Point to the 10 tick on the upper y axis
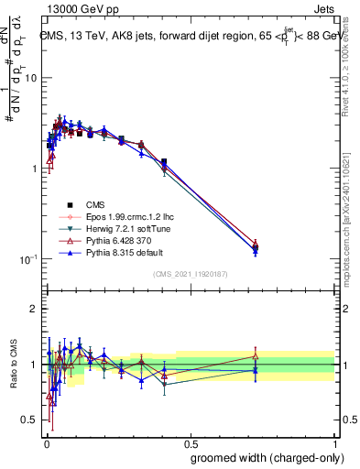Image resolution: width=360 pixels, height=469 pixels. coord(30,79)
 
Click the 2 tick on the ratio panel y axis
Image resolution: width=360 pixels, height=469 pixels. coord(34,309)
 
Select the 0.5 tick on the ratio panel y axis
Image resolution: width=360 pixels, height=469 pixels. coord(29,420)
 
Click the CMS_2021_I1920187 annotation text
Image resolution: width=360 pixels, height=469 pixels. coord(190,275)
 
